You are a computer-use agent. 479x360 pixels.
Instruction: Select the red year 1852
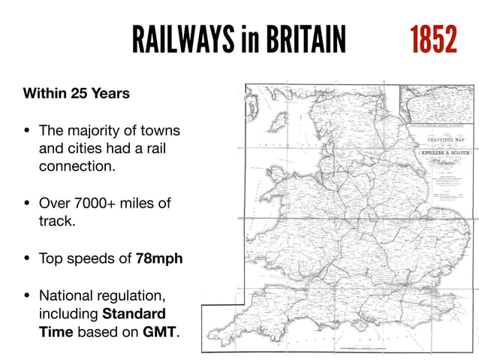coord(433,39)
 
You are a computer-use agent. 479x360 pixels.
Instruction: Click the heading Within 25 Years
coord(77,95)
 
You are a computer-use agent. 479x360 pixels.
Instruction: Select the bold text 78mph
coord(159,259)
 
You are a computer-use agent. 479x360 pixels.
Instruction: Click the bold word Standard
coord(134,313)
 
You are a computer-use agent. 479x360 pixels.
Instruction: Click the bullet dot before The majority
coord(27,130)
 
